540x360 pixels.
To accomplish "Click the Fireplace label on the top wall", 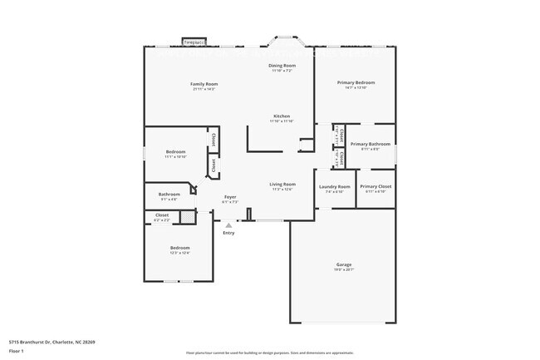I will coord(194,41).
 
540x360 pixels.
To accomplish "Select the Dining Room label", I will coord(282,65).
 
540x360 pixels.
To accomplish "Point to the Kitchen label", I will coord(282,116).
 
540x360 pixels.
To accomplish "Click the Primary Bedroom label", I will coord(356,82).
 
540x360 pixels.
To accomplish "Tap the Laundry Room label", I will coord(335,186).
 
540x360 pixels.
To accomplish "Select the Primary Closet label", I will coord(376,186).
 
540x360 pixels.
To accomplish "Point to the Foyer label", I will coord(230,196).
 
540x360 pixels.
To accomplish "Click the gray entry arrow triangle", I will coord(229,225).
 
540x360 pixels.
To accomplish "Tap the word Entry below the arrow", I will coord(229,233).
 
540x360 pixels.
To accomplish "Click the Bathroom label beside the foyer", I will coord(169,195).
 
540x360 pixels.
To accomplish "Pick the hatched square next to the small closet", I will coord(189,216).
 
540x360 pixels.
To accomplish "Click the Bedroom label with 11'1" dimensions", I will coord(175,151).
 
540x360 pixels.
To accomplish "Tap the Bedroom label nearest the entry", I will coord(180,248).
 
